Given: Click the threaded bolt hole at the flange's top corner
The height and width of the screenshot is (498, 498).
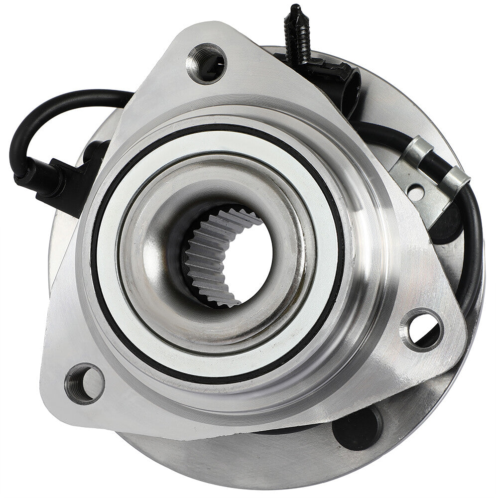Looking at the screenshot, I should (206, 64).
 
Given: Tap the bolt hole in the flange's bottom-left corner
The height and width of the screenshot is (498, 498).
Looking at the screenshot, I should (84, 383).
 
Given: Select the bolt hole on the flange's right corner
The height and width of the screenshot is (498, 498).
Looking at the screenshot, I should (423, 329).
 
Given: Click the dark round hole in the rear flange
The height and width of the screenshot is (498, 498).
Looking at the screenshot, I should (357, 428).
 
